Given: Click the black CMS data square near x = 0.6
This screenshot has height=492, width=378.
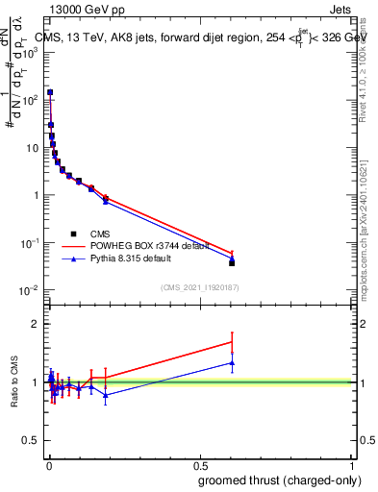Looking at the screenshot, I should coord(232,262).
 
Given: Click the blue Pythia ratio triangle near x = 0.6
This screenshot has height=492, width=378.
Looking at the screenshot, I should coord(232,363).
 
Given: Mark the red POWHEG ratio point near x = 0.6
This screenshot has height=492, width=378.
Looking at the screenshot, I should coord(232,341).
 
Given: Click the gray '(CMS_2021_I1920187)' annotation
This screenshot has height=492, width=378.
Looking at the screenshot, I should coord(199,286).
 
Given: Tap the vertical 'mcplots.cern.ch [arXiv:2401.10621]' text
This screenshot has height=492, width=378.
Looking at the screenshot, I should coord(364,221).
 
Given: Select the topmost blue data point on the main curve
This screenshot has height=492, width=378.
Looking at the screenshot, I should coord(50,92).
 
